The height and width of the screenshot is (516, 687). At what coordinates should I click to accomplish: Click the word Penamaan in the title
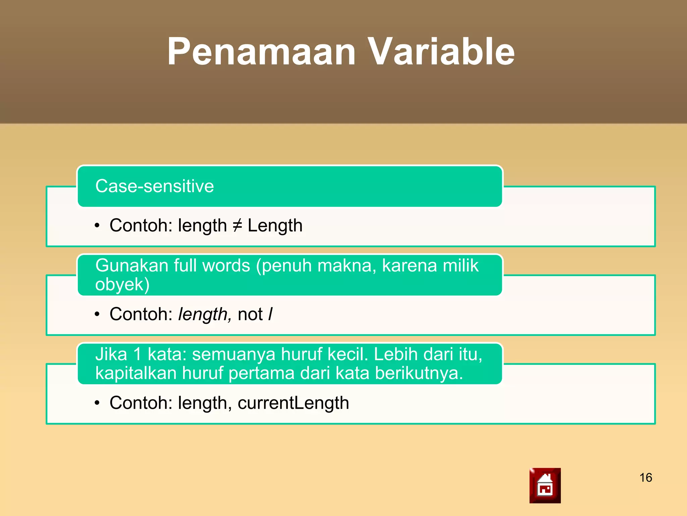tap(261, 52)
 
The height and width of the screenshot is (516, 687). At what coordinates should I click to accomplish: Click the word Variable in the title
tap(441, 52)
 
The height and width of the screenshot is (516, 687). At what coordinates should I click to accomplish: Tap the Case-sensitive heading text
tap(154, 186)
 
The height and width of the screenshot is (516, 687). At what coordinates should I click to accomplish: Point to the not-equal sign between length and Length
tap(237, 225)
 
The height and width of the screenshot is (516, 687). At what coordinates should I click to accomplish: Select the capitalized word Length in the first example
tap(275, 225)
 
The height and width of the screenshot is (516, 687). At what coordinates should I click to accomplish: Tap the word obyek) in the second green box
tap(122, 284)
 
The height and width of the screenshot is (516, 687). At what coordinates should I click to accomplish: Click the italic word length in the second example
tap(203, 314)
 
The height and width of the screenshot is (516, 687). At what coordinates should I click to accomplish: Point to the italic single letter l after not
tap(270, 314)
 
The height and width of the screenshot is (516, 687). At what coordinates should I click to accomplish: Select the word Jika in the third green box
tap(111, 354)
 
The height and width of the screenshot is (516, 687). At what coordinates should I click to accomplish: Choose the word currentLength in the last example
tap(293, 403)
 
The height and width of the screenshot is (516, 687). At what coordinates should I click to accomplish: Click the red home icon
tap(545, 485)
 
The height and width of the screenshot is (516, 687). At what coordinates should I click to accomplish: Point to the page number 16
tap(646, 478)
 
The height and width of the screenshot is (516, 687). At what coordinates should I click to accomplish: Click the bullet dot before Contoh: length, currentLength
tap(97, 403)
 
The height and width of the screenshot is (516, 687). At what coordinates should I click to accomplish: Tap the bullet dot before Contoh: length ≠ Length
tap(97, 225)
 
